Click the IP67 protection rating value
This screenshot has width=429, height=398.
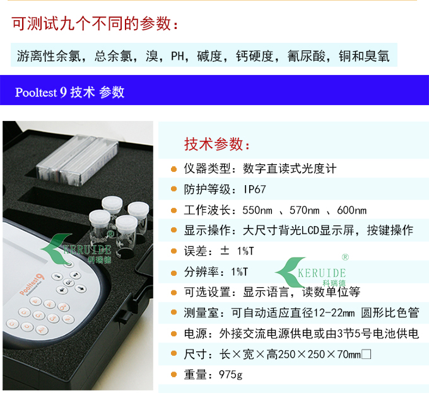click(x=255, y=190)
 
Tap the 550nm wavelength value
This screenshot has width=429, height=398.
click(x=257, y=210)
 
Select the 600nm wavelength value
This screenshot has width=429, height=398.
click(x=352, y=210)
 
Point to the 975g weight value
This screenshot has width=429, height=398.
click(x=230, y=375)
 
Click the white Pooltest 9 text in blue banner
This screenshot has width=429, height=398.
click(x=41, y=92)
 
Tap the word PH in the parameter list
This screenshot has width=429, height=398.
click(x=177, y=56)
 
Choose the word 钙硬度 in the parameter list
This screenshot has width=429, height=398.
click(x=255, y=56)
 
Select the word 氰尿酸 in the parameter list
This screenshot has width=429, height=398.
click(x=306, y=56)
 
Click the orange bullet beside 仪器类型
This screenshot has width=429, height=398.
click(x=173, y=169)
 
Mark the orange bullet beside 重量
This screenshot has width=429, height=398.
click(x=173, y=374)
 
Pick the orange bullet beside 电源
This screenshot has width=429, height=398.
click(x=173, y=334)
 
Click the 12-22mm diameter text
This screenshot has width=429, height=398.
click(x=334, y=313)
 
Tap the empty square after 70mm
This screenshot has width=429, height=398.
click(x=367, y=355)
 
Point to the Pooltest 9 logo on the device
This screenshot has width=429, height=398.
click(x=32, y=284)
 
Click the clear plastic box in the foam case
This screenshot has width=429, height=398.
click(x=77, y=160)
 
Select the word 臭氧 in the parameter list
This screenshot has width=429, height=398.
click(x=377, y=56)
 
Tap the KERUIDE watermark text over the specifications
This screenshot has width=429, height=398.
click(x=322, y=273)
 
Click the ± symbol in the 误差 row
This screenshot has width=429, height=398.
click(x=225, y=251)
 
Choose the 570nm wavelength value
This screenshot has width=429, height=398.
click(x=305, y=210)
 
